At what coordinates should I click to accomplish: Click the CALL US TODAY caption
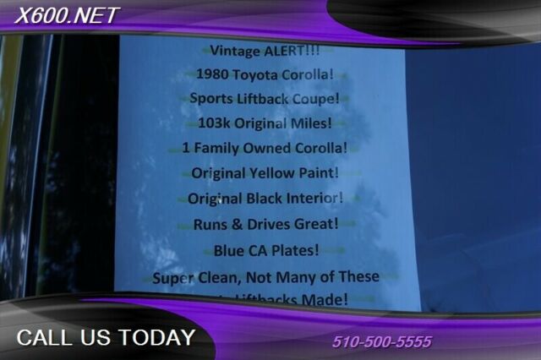click(x=106, y=338)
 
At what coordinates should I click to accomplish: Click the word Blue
click(x=230, y=251)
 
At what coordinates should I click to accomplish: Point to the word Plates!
click(x=294, y=251)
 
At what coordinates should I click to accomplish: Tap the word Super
click(x=175, y=276)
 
